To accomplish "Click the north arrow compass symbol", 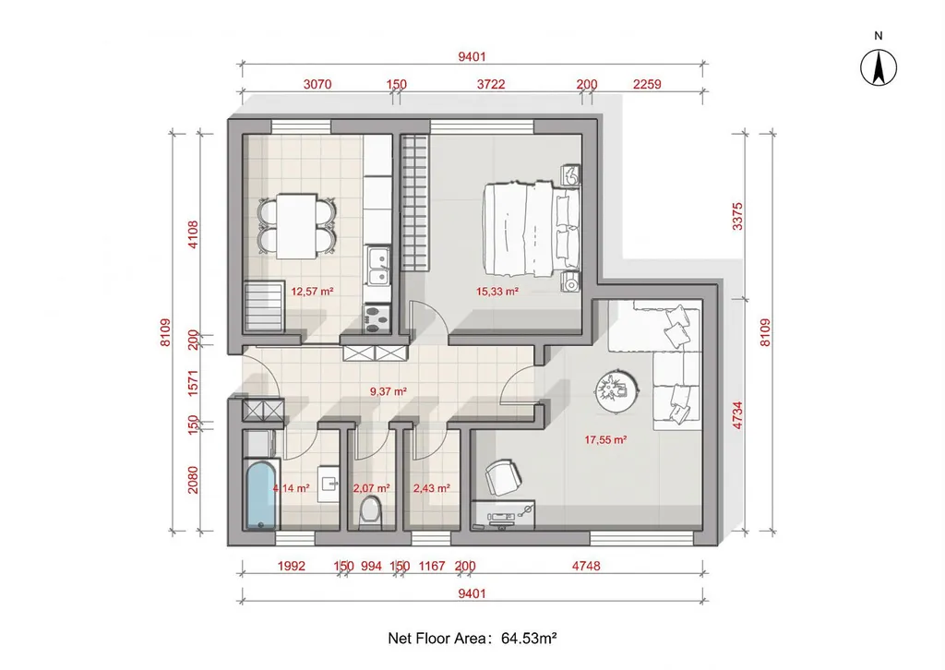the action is click(879, 67).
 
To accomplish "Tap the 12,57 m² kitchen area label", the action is click(312, 292).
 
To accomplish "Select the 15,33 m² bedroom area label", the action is click(497, 292).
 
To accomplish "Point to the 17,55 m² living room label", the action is click(605, 440).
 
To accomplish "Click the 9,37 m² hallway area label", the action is click(389, 391).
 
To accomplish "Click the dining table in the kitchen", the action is click(297, 226).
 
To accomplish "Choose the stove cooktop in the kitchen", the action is click(377, 318).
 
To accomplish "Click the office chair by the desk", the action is click(504, 478).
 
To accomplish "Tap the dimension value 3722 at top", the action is click(491, 84).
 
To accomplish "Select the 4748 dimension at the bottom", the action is click(586, 566).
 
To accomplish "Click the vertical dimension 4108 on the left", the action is click(193, 234).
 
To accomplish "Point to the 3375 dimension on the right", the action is click(737, 217).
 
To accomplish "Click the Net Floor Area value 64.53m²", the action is click(529, 638).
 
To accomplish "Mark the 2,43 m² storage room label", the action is click(432, 488).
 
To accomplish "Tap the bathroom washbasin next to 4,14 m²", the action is click(328, 484).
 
